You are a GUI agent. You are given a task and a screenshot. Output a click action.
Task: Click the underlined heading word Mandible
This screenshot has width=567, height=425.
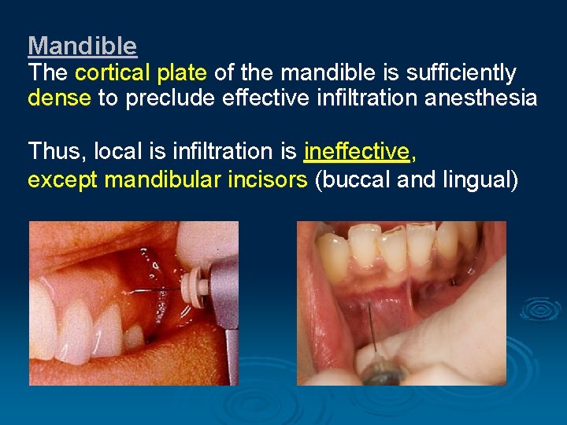[82, 46]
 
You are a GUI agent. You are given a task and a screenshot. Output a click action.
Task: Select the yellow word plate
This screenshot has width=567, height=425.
[183, 73]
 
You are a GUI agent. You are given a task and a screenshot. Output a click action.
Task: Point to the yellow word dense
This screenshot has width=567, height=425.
[59, 98]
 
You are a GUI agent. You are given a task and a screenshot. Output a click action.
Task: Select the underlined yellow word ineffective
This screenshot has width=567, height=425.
[356, 150]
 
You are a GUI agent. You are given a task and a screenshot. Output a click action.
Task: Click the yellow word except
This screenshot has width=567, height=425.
[63, 180]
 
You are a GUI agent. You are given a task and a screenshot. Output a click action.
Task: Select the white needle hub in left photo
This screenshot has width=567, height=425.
[194, 285]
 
